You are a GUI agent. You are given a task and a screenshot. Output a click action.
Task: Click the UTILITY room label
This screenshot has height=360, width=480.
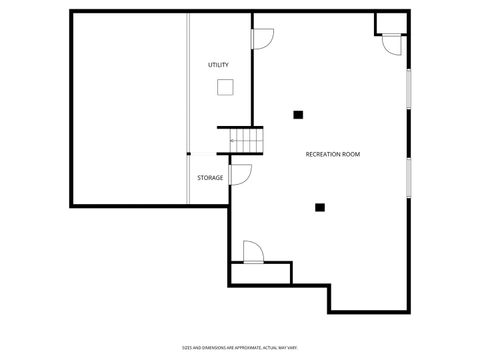[x=218, y=65]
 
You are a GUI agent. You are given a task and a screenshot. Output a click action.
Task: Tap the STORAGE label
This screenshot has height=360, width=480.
[x=210, y=178]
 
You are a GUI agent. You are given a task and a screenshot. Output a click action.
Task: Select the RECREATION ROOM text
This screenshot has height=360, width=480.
[x=332, y=154]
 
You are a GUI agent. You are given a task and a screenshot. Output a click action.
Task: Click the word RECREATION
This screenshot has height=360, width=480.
[x=323, y=154]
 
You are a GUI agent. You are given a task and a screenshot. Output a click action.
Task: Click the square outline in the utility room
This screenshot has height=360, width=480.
[x=225, y=87]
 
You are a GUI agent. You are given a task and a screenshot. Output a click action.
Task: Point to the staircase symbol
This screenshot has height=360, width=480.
[x=246, y=141]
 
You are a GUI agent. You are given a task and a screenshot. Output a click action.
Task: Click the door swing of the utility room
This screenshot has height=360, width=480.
[x=262, y=39]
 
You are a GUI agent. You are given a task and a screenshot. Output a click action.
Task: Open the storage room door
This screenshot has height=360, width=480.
[x=240, y=175]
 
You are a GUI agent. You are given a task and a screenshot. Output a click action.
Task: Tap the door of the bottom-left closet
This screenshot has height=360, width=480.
[x=253, y=250]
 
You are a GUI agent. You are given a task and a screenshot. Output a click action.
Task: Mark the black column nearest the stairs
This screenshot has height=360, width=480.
[x=298, y=114]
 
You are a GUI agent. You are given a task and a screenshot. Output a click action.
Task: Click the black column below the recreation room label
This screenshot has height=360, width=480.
[x=320, y=208]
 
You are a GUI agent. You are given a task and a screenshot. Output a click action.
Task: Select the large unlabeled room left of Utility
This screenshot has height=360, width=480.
[x=128, y=108]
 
